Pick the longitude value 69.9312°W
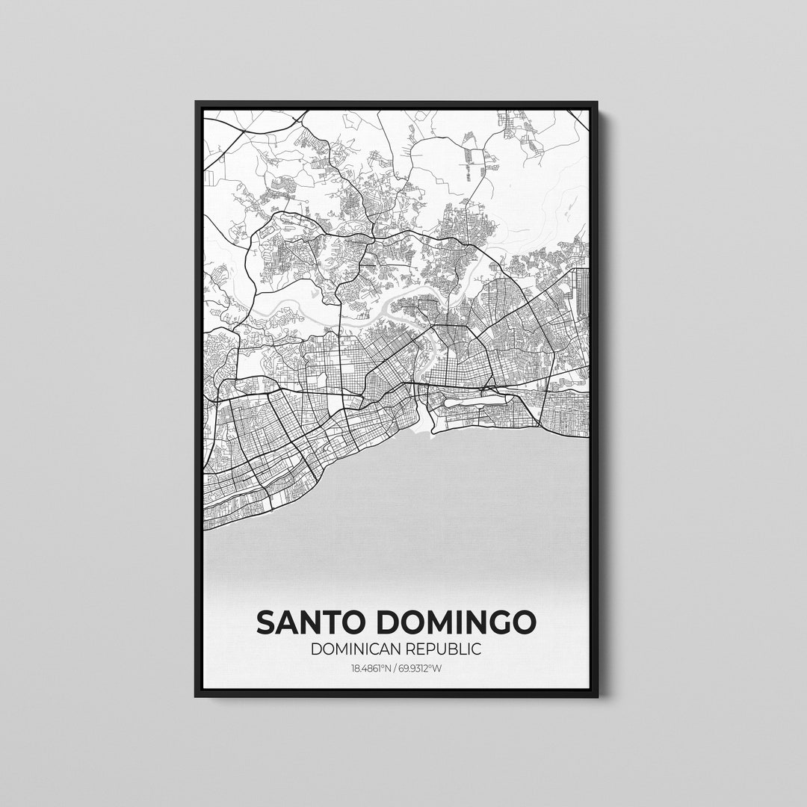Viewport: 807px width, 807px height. click(419, 668)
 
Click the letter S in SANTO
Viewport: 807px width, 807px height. click(266, 622)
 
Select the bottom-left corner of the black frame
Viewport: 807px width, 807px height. click(197, 696)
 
